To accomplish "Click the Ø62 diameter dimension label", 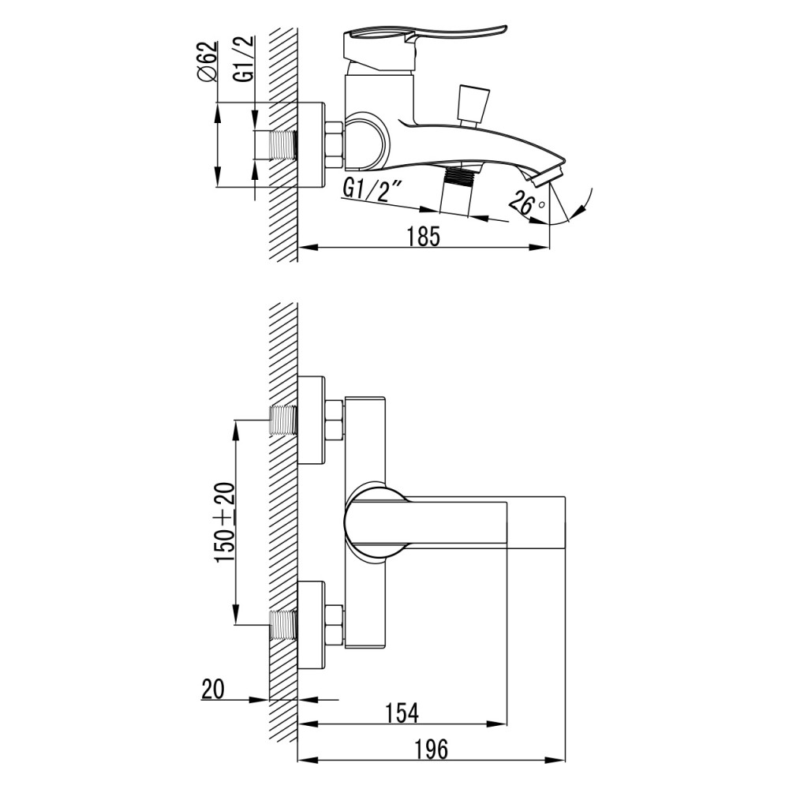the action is click(x=208, y=62).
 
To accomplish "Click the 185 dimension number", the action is click(x=423, y=236).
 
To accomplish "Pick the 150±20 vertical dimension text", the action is click(x=226, y=522).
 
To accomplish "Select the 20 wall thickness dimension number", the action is click(x=213, y=689).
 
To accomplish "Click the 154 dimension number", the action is click(x=402, y=712).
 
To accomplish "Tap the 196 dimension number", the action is click(x=432, y=749).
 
